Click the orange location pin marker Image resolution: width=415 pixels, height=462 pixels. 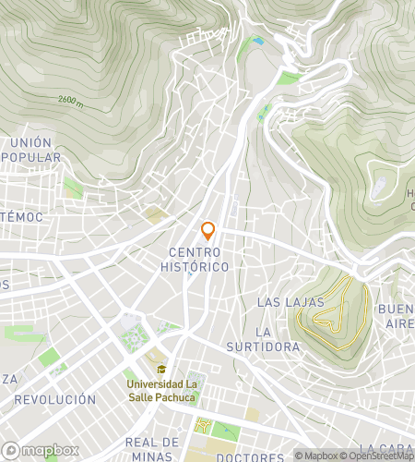tap(208, 231)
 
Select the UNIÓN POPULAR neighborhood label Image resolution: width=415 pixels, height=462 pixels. tap(33, 150)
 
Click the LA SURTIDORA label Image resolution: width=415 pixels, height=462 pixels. tap(263, 339)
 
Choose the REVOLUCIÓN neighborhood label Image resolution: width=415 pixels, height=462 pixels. tap(55, 399)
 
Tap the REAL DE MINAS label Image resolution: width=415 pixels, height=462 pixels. tap(151, 449)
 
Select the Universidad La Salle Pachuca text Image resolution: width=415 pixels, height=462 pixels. tap(161, 391)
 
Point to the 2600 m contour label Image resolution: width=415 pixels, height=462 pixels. tap(70, 100)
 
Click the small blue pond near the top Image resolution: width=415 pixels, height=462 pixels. tap(258, 41)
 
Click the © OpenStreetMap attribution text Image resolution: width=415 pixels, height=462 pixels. tap(378, 455)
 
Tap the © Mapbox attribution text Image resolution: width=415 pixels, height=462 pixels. tap(317, 455)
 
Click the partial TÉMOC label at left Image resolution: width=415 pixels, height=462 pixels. tap(20, 216)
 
